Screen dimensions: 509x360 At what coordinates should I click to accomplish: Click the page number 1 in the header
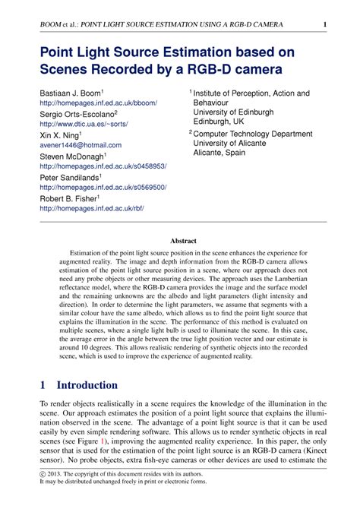(x=325, y=25)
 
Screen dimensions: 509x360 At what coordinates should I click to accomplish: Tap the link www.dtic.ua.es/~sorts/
(x=84, y=123)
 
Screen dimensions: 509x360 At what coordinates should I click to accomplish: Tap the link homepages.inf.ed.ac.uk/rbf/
(x=91, y=207)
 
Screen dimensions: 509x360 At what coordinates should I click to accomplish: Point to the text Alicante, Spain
(x=219, y=153)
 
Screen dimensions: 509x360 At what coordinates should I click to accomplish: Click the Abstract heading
(x=183, y=239)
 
